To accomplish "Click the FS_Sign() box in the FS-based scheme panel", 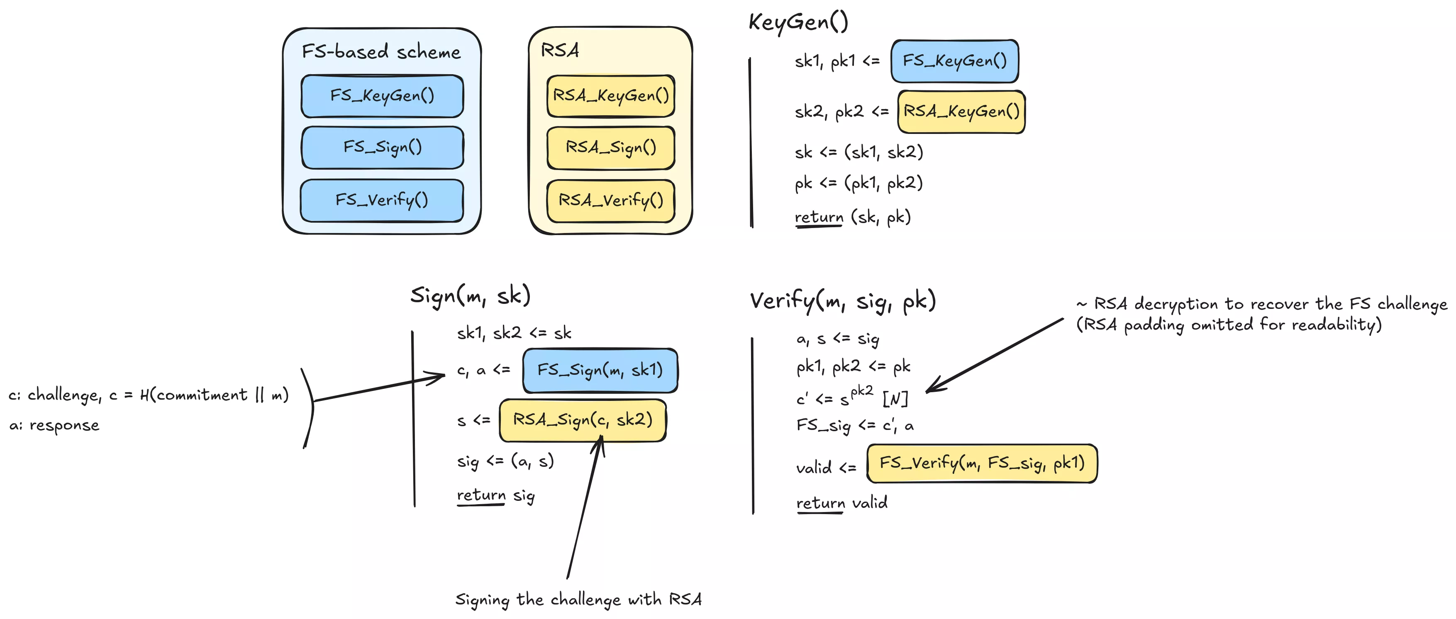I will coord(383,148).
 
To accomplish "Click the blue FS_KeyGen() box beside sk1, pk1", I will coord(955,61).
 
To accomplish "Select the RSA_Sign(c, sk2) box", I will coord(583,420).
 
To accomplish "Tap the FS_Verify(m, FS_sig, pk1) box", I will coord(982,464).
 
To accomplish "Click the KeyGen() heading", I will coord(798,22).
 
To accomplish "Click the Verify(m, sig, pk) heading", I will coord(843,301).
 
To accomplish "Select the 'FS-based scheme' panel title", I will coord(381,52).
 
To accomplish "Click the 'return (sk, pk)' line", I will coord(852,217).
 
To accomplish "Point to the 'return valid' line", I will coord(841,502).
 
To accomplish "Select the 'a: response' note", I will coord(54,425).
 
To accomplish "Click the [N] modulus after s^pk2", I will coord(895,399).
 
